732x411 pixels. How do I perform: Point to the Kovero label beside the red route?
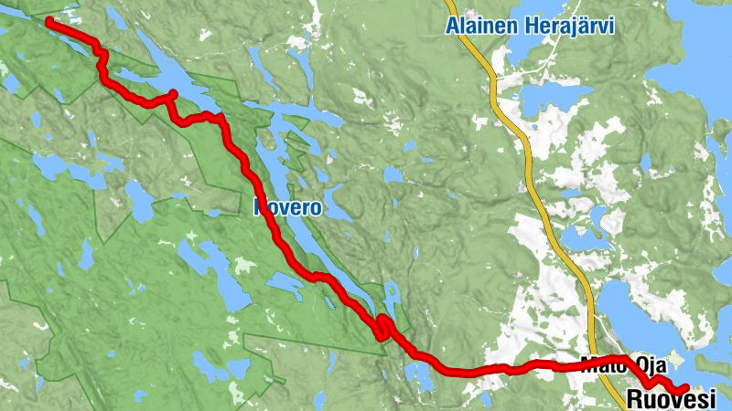288,208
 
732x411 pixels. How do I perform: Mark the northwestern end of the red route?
48,19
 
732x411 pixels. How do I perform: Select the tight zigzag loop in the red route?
382,329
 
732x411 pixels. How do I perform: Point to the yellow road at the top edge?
452,3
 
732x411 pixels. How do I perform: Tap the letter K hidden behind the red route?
259,208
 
